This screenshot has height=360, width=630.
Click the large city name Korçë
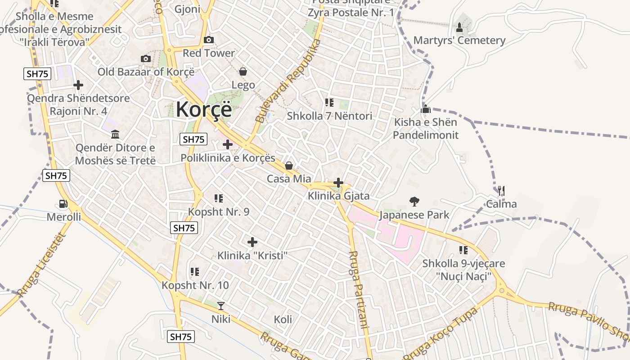coord(204,109)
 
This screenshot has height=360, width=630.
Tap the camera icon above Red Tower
coord(208,40)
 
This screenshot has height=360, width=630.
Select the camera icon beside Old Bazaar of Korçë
coord(145,59)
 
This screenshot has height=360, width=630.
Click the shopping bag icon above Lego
coord(243,72)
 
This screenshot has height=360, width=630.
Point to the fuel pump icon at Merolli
coord(63,204)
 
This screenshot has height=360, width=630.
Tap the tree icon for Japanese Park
coord(414,201)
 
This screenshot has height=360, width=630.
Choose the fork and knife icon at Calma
coord(501,191)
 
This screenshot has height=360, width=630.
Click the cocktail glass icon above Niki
coord(221,306)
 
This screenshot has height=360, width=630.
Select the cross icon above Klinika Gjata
coord(338,183)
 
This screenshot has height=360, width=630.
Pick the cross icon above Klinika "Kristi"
coord(252,242)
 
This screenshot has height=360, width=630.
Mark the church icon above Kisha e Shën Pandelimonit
coord(426,109)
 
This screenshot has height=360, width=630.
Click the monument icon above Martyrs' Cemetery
coord(459,27)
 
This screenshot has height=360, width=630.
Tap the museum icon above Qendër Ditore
coord(115,134)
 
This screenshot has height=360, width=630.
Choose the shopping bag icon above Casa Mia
coord(289,166)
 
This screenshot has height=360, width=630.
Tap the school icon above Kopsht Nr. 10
coord(195,271)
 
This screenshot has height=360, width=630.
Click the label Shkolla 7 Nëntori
coord(329,116)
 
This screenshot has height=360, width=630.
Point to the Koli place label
coord(283,319)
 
